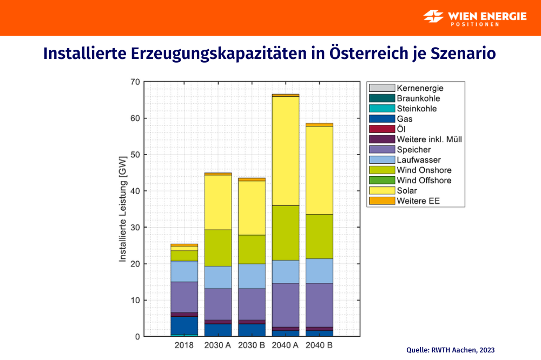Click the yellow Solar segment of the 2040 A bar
pos(285,151)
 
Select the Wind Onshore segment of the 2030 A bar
pos(217,248)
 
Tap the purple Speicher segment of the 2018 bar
pos(184,297)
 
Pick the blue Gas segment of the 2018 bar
pos(184,325)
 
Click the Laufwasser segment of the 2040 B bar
pos(319,271)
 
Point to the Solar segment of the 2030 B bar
pos(252,208)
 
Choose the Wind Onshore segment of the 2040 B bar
pos(319,236)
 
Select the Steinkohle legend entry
pos(417,109)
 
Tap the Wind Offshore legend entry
pos(424,181)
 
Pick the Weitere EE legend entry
pos(418,201)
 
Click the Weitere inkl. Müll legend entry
pos(429,139)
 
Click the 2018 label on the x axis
pos(184,344)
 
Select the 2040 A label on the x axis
pos(285,344)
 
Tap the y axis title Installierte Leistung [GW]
pos(122,209)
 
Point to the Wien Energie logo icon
pos(434,16)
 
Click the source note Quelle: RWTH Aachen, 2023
pos(450,350)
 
